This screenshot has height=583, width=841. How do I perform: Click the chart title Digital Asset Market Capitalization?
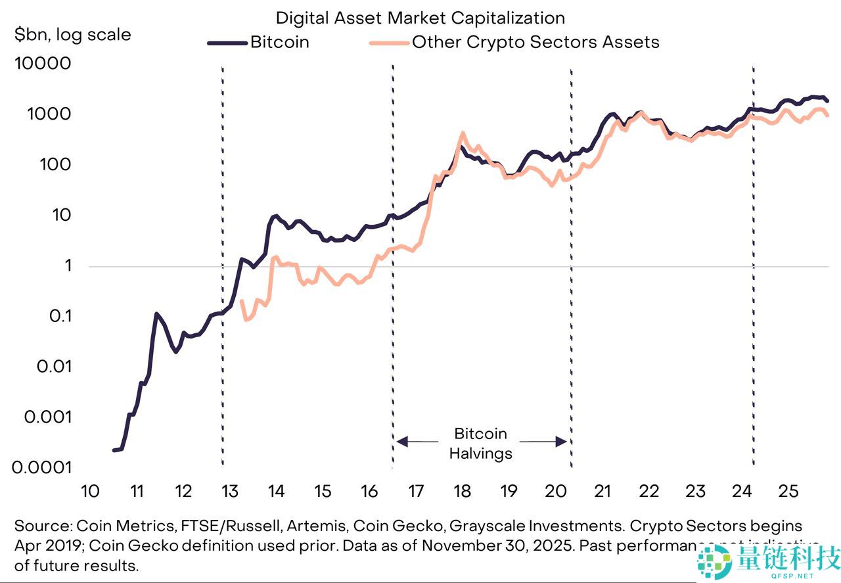click(x=420, y=18)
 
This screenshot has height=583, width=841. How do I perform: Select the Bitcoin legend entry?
click(x=279, y=43)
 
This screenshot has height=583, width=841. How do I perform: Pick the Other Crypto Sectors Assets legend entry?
click(x=535, y=43)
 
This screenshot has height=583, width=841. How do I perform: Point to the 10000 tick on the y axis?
click(x=42, y=64)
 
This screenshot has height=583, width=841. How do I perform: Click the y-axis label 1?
click(x=65, y=266)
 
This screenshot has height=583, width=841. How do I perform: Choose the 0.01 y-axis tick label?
click(x=51, y=367)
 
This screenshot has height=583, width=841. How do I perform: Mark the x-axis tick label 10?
click(x=89, y=491)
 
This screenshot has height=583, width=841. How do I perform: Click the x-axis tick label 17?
click(x=415, y=491)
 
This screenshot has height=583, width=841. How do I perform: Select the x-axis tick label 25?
click(x=788, y=491)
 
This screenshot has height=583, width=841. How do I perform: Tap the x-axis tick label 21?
click(x=602, y=491)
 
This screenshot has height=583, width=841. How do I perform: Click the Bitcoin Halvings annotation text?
click(x=481, y=444)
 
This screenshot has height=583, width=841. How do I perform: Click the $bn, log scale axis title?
click(x=72, y=34)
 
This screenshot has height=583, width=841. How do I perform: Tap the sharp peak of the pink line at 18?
click(x=463, y=133)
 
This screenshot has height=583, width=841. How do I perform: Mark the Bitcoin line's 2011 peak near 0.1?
click(x=156, y=314)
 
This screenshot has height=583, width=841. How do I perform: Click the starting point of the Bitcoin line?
click(x=114, y=450)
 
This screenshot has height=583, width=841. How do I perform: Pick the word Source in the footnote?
click(x=42, y=526)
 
